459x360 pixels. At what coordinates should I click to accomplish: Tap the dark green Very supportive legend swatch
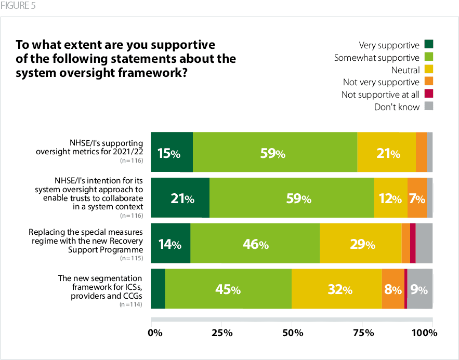[429, 45]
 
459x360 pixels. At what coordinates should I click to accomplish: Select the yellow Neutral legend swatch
[429, 70]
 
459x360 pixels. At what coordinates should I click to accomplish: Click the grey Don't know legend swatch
[429, 107]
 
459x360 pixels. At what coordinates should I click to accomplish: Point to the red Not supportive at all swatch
[429, 95]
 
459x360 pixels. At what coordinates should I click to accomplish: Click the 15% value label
[169, 154]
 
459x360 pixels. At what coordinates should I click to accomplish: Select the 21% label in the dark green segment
[182, 199]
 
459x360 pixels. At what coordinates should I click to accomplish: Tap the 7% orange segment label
[417, 199]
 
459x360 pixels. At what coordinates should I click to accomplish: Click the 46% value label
[255, 244]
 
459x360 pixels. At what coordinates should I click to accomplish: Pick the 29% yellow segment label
[362, 244]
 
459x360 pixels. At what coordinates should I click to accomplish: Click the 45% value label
[228, 290]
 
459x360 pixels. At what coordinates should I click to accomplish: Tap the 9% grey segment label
[418, 290]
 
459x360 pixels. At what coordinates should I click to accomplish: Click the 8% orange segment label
[393, 290]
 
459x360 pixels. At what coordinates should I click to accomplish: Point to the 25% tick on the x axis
[222, 332]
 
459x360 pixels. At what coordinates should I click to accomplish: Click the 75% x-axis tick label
[362, 332]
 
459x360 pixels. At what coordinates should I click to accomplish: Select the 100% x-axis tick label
[427, 332]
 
